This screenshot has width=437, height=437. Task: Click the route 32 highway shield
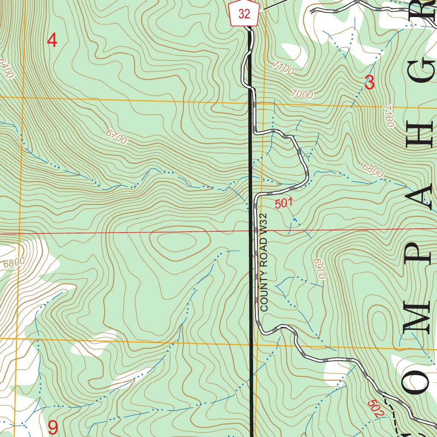(244, 14)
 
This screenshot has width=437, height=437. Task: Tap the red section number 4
(52, 41)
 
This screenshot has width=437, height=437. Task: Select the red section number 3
(370, 82)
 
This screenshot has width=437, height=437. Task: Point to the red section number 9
(53, 427)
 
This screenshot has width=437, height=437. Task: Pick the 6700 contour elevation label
(117, 137)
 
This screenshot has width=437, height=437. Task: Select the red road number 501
(284, 204)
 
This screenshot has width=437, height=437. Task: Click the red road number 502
(376, 408)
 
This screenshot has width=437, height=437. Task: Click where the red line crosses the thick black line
(251, 233)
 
